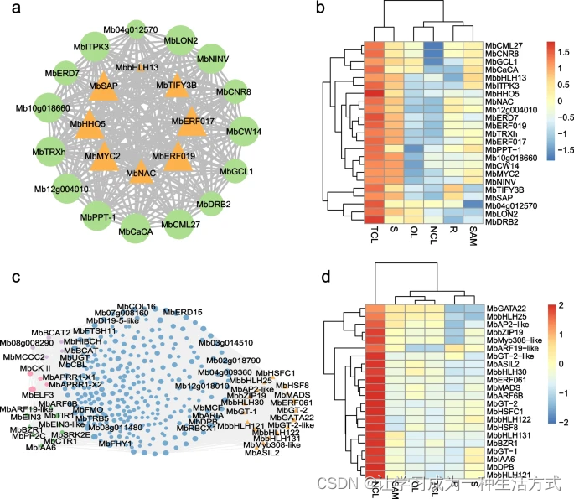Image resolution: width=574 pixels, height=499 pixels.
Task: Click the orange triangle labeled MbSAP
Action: pyautogui.click(x=104, y=89)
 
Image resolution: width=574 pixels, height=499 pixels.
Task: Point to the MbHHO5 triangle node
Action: pyautogui.click(x=88, y=127)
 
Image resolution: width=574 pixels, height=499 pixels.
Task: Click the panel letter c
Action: pyautogui.click(x=16, y=278)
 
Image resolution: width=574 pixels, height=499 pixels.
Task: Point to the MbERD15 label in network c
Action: pyautogui.click(x=183, y=312)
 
